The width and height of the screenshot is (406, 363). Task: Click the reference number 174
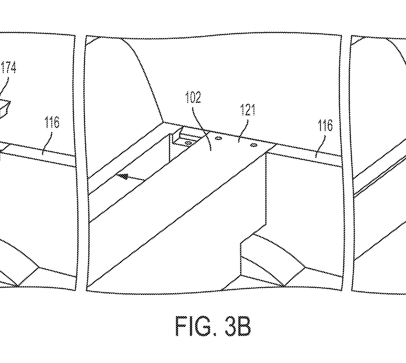[9, 67]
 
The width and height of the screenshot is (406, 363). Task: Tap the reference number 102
[193, 97]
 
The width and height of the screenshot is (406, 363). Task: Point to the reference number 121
[248, 110]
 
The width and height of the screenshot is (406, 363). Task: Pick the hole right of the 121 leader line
[254, 145]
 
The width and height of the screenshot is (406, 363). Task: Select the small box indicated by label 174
[4, 108]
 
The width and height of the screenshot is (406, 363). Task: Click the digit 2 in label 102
[197, 97]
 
